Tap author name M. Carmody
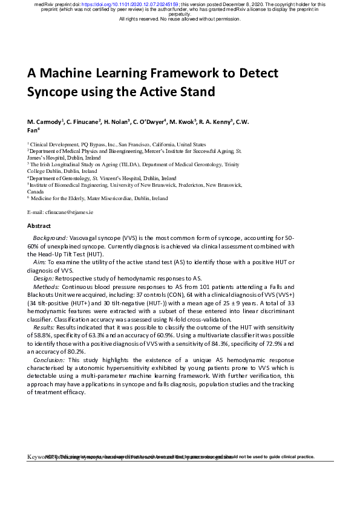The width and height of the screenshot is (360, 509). coord(44,122)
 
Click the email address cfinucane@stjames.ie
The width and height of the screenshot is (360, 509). coord(69,212)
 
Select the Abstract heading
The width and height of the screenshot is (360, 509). coord(39,225)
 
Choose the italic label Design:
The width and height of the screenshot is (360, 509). coord(44,277)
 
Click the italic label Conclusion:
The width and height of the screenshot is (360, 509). coord(50,360)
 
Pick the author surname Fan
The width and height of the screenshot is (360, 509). coord(33,129)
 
